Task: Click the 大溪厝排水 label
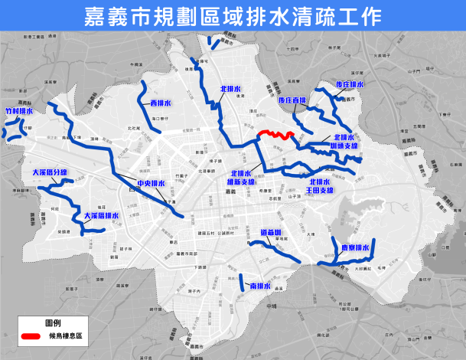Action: tap(102, 216)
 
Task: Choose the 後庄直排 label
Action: tap(292, 100)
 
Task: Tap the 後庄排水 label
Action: tap(350, 85)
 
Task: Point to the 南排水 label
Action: tap(260, 286)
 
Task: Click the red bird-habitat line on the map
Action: tap(276, 134)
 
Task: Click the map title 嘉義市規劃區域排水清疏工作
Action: tap(233, 17)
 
